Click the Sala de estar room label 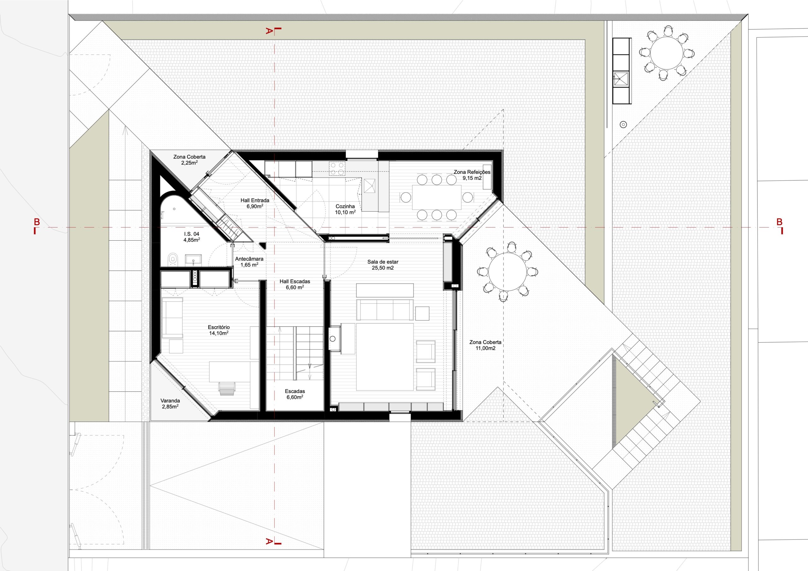[x=383, y=265]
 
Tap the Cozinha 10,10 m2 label [x=345, y=209]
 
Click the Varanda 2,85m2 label [x=170, y=403]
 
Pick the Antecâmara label [x=249, y=262]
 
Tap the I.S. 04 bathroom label [x=192, y=237]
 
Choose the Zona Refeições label [x=472, y=175]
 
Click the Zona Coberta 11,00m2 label [x=485, y=345]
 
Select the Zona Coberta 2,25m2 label [x=189, y=160]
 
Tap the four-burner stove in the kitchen [x=337, y=168]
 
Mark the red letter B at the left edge [x=36, y=222]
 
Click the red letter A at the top [x=269, y=31]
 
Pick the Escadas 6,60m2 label [x=295, y=394]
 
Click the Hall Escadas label [x=295, y=284]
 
